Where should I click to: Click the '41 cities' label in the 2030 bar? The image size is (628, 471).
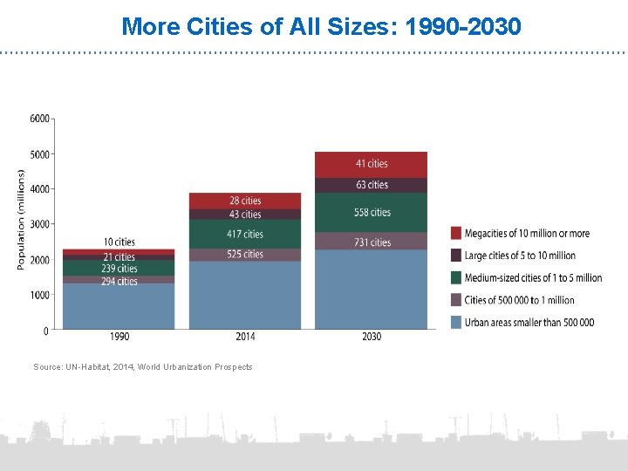372,164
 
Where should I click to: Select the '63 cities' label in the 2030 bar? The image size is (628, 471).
372,185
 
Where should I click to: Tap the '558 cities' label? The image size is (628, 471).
372,213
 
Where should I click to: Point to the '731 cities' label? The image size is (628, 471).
372,242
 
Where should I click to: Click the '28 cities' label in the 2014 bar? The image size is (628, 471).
245,201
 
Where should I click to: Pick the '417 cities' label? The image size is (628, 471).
245,234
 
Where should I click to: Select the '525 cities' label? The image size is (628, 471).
245,255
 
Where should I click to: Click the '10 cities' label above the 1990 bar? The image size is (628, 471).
119,242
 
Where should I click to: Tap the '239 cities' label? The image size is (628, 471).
119,269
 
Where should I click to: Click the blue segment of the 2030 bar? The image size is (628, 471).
372,290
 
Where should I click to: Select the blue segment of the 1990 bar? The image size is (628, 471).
119,307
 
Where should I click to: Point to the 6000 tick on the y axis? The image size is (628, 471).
39,119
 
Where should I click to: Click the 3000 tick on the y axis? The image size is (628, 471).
39,224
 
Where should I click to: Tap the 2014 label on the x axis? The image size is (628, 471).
245,337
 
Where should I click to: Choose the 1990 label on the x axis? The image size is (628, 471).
119,337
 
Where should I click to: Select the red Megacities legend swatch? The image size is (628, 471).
456,233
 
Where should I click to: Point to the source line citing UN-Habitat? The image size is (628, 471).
142,367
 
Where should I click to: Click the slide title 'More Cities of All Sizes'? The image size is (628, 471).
321,26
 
